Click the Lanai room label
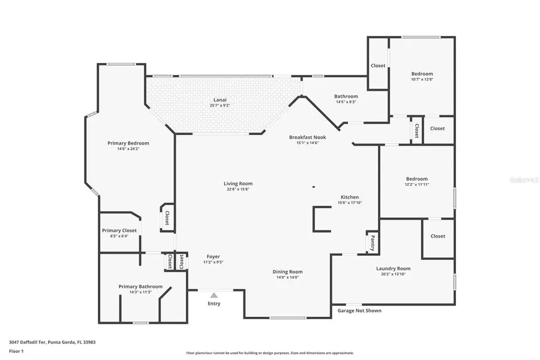pos(220,100)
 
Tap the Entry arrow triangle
pos(214,295)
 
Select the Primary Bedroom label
pos(128,143)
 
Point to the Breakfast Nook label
pos(307,137)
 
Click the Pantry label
pos(373,242)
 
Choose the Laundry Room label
pos(393,268)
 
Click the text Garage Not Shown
pos(359,310)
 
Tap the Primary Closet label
pos(119,230)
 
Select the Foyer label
pos(213,256)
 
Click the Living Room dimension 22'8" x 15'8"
pos(238,190)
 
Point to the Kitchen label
pos(350,197)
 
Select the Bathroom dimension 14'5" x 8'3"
pos(346,102)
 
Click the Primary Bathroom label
pos(140,286)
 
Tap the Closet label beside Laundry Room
pos(438,236)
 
